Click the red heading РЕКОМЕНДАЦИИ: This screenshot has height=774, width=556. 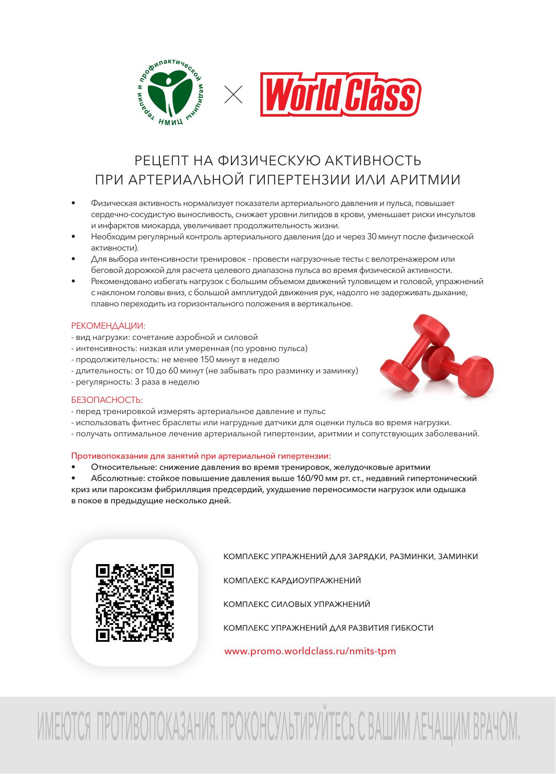[x=109, y=326]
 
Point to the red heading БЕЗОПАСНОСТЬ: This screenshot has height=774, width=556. [x=107, y=400]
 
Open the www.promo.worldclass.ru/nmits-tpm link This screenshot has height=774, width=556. [x=310, y=651]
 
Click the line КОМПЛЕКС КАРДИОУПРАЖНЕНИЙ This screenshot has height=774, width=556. [x=292, y=581]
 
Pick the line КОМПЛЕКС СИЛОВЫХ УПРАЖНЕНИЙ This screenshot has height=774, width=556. [x=297, y=604]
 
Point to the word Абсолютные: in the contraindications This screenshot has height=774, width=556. [x=116, y=478]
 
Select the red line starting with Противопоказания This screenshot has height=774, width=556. [x=201, y=456]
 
